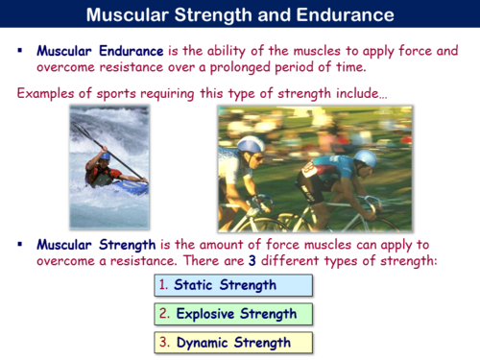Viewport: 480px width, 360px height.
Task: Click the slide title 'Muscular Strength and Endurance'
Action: pyautogui.click(x=239, y=15)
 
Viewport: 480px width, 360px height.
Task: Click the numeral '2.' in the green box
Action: pyautogui.click(x=165, y=313)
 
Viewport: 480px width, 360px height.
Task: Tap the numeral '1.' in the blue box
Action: pyautogui.click(x=165, y=285)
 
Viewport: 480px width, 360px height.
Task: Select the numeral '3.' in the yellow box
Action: pyautogui.click(x=165, y=342)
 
